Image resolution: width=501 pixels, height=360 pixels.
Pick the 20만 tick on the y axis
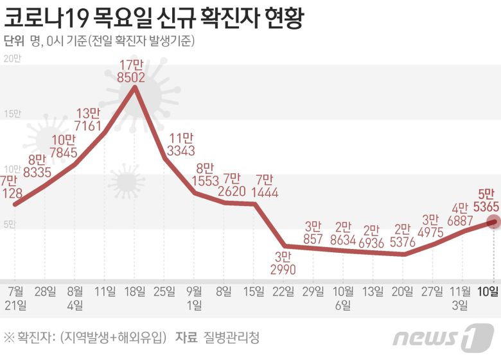coord(12,59)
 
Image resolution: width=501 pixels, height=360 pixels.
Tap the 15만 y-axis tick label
coord(12,114)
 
